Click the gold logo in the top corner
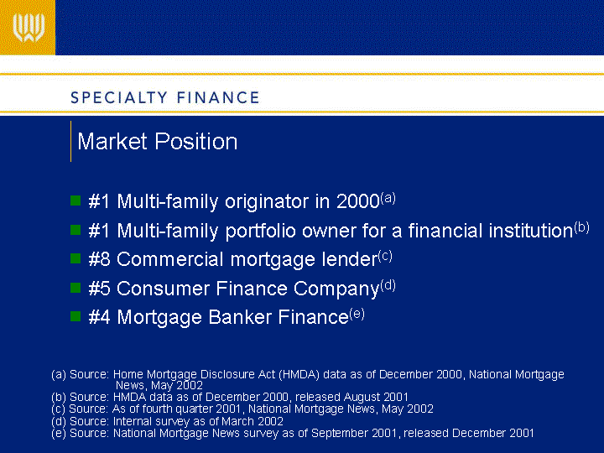28,28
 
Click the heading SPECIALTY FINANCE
165,97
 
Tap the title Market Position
157,142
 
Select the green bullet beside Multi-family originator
75,200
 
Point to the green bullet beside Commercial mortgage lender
75,258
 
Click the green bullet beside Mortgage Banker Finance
75,316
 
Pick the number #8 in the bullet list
99,259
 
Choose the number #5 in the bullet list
99,288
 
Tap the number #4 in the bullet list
99,317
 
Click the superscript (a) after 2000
388,198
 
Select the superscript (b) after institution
581,227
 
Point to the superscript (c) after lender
385,256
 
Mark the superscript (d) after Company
388,285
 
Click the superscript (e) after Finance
357,314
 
